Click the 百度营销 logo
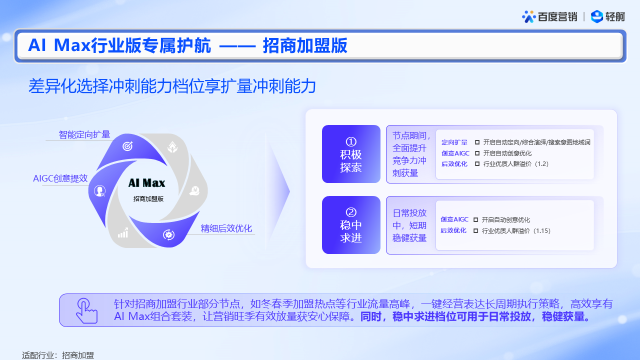549,16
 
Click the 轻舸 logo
607,16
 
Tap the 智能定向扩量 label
84,134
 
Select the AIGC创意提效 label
60,178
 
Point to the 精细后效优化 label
226,228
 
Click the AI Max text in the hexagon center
146,183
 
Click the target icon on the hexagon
127,146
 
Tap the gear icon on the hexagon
168,234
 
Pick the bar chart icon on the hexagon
123,233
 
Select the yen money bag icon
194,190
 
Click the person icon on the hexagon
99,190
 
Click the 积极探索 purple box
351,154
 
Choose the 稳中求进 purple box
351,225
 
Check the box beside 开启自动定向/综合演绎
477,142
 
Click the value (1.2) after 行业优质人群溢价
541,164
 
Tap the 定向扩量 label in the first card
454,142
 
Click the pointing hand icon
86,310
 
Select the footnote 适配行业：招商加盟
58,355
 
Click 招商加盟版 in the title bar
305,45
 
